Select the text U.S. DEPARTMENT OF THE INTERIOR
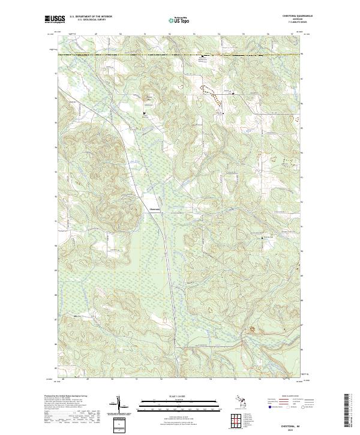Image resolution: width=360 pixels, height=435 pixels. point(91,17)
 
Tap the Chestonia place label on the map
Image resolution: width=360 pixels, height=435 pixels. point(154,209)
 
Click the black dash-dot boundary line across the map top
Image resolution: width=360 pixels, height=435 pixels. point(120,55)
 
